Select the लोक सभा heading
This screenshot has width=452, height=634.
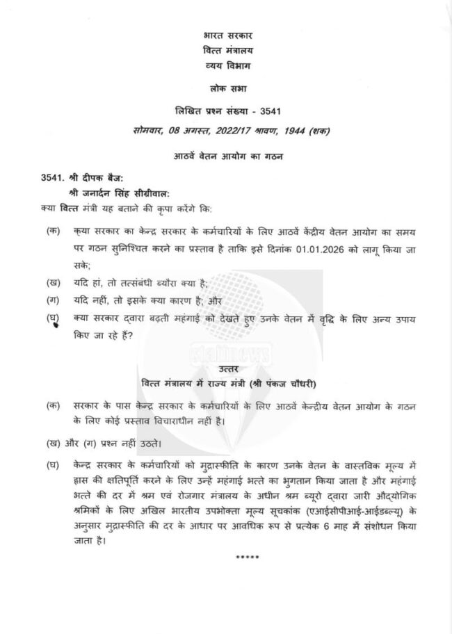[227, 88]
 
